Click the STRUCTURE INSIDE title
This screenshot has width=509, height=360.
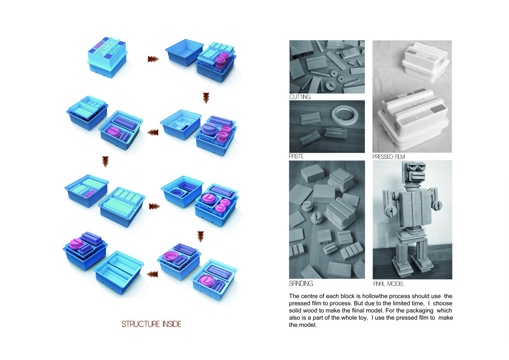click(x=151, y=324)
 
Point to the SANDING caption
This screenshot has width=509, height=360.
click(x=301, y=283)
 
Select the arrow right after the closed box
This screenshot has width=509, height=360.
click(x=153, y=59)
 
